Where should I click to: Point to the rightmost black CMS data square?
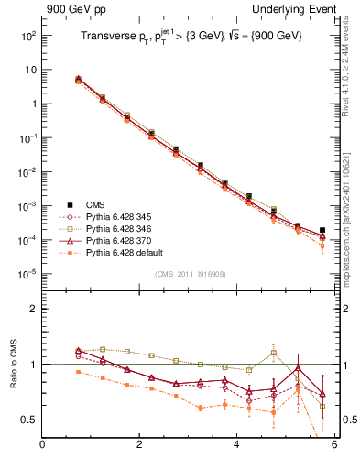(x=322, y=231)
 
